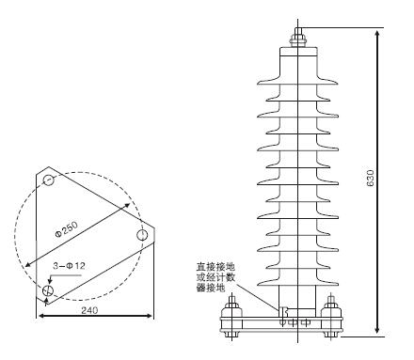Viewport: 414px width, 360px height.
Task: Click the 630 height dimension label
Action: [x=371, y=179]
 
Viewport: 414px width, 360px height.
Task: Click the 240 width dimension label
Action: [x=89, y=310]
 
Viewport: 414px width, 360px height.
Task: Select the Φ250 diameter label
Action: [x=66, y=230]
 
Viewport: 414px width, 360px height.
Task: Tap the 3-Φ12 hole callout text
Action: [x=69, y=266]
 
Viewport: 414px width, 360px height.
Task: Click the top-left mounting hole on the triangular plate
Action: [x=49, y=180]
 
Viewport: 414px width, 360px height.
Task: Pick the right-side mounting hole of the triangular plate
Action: [x=142, y=235]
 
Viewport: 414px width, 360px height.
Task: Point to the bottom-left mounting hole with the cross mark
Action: [x=48, y=290]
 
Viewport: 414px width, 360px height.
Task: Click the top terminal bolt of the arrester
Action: [x=298, y=37]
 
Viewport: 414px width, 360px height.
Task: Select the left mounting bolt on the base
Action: [x=231, y=316]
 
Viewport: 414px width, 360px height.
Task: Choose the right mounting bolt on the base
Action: [x=331, y=316]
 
